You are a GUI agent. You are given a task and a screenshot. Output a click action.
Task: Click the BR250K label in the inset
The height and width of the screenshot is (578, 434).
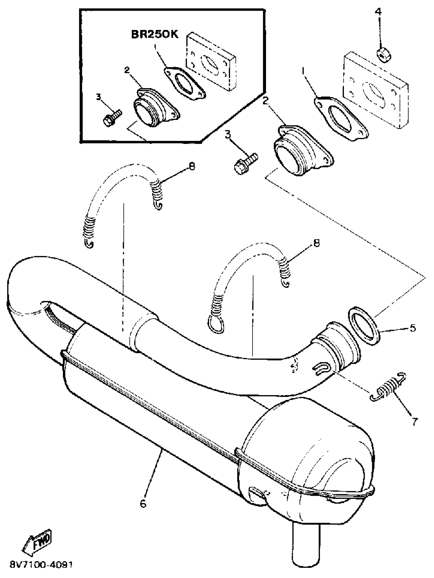tap(155, 35)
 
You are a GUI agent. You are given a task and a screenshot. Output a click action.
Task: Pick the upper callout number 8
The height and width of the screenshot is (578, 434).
tap(192, 167)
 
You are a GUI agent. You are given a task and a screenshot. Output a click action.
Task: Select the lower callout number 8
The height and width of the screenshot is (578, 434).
tap(316, 243)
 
